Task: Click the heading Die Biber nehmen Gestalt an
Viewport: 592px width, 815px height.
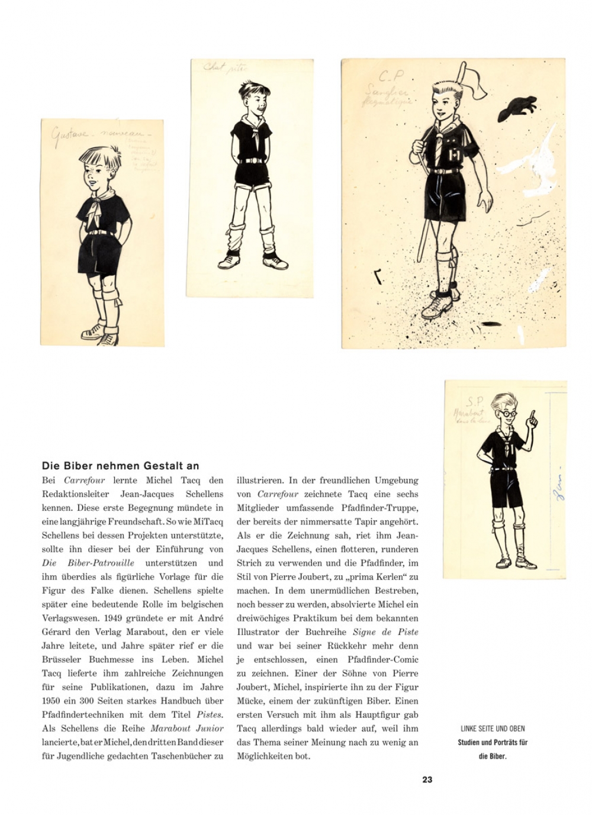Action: pyautogui.click(x=121, y=466)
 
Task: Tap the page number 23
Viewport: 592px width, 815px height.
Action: pyautogui.click(x=427, y=779)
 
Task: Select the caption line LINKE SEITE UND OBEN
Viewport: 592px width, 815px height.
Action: pyautogui.click(x=493, y=729)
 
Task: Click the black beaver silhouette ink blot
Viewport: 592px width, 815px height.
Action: pyautogui.click(x=517, y=108)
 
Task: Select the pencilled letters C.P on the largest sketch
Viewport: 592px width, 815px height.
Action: pyautogui.click(x=390, y=76)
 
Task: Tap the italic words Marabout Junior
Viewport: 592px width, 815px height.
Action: pyautogui.click(x=187, y=728)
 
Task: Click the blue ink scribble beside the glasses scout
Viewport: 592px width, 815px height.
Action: pyautogui.click(x=557, y=485)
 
